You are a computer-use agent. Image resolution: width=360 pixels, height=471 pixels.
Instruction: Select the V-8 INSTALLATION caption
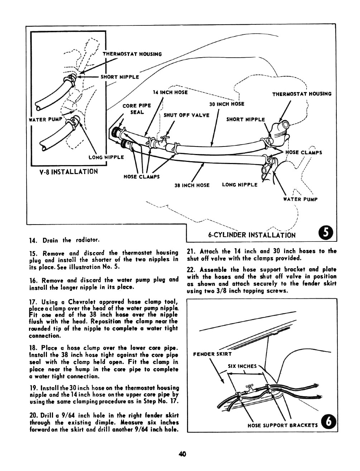(68, 172)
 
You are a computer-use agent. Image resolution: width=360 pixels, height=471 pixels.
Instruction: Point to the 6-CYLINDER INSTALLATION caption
(252, 235)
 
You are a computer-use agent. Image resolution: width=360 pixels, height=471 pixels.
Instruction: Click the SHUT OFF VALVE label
(186, 115)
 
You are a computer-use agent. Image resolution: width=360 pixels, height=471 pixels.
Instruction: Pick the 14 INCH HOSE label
(170, 92)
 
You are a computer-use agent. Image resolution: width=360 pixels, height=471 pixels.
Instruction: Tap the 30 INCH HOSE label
(227, 104)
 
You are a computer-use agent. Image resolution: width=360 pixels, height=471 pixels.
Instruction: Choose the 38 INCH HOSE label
(192, 185)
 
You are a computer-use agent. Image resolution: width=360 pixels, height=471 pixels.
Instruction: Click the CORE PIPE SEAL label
(137, 109)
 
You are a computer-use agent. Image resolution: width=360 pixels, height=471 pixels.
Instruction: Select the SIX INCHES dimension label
(242, 366)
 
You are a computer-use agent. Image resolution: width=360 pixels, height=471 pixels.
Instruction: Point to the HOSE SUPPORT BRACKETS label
(283, 426)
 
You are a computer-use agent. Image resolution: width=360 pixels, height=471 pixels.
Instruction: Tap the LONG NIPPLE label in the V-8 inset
(106, 157)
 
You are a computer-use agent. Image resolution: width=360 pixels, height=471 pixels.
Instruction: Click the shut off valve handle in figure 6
(249, 388)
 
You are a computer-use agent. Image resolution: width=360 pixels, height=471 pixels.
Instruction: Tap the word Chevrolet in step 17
(86, 302)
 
